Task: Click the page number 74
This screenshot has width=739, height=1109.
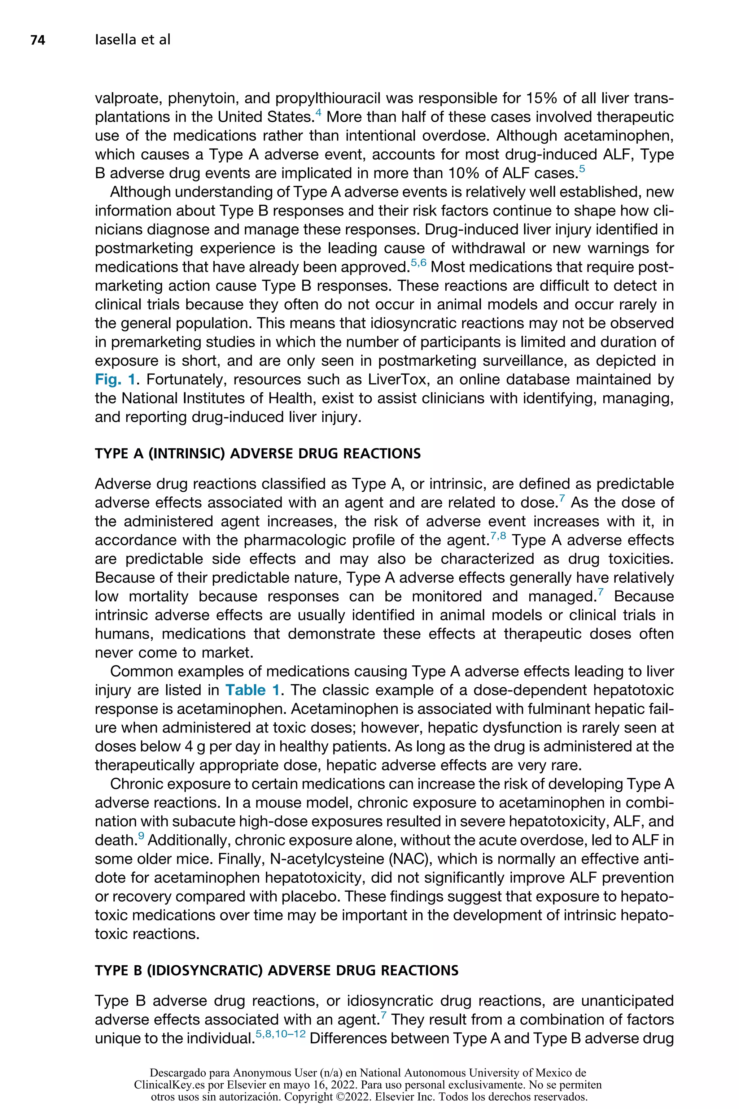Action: (x=38, y=40)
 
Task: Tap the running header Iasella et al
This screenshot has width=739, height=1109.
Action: (x=132, y=40)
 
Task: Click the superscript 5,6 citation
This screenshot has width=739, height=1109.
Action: (x=419, y=264)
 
